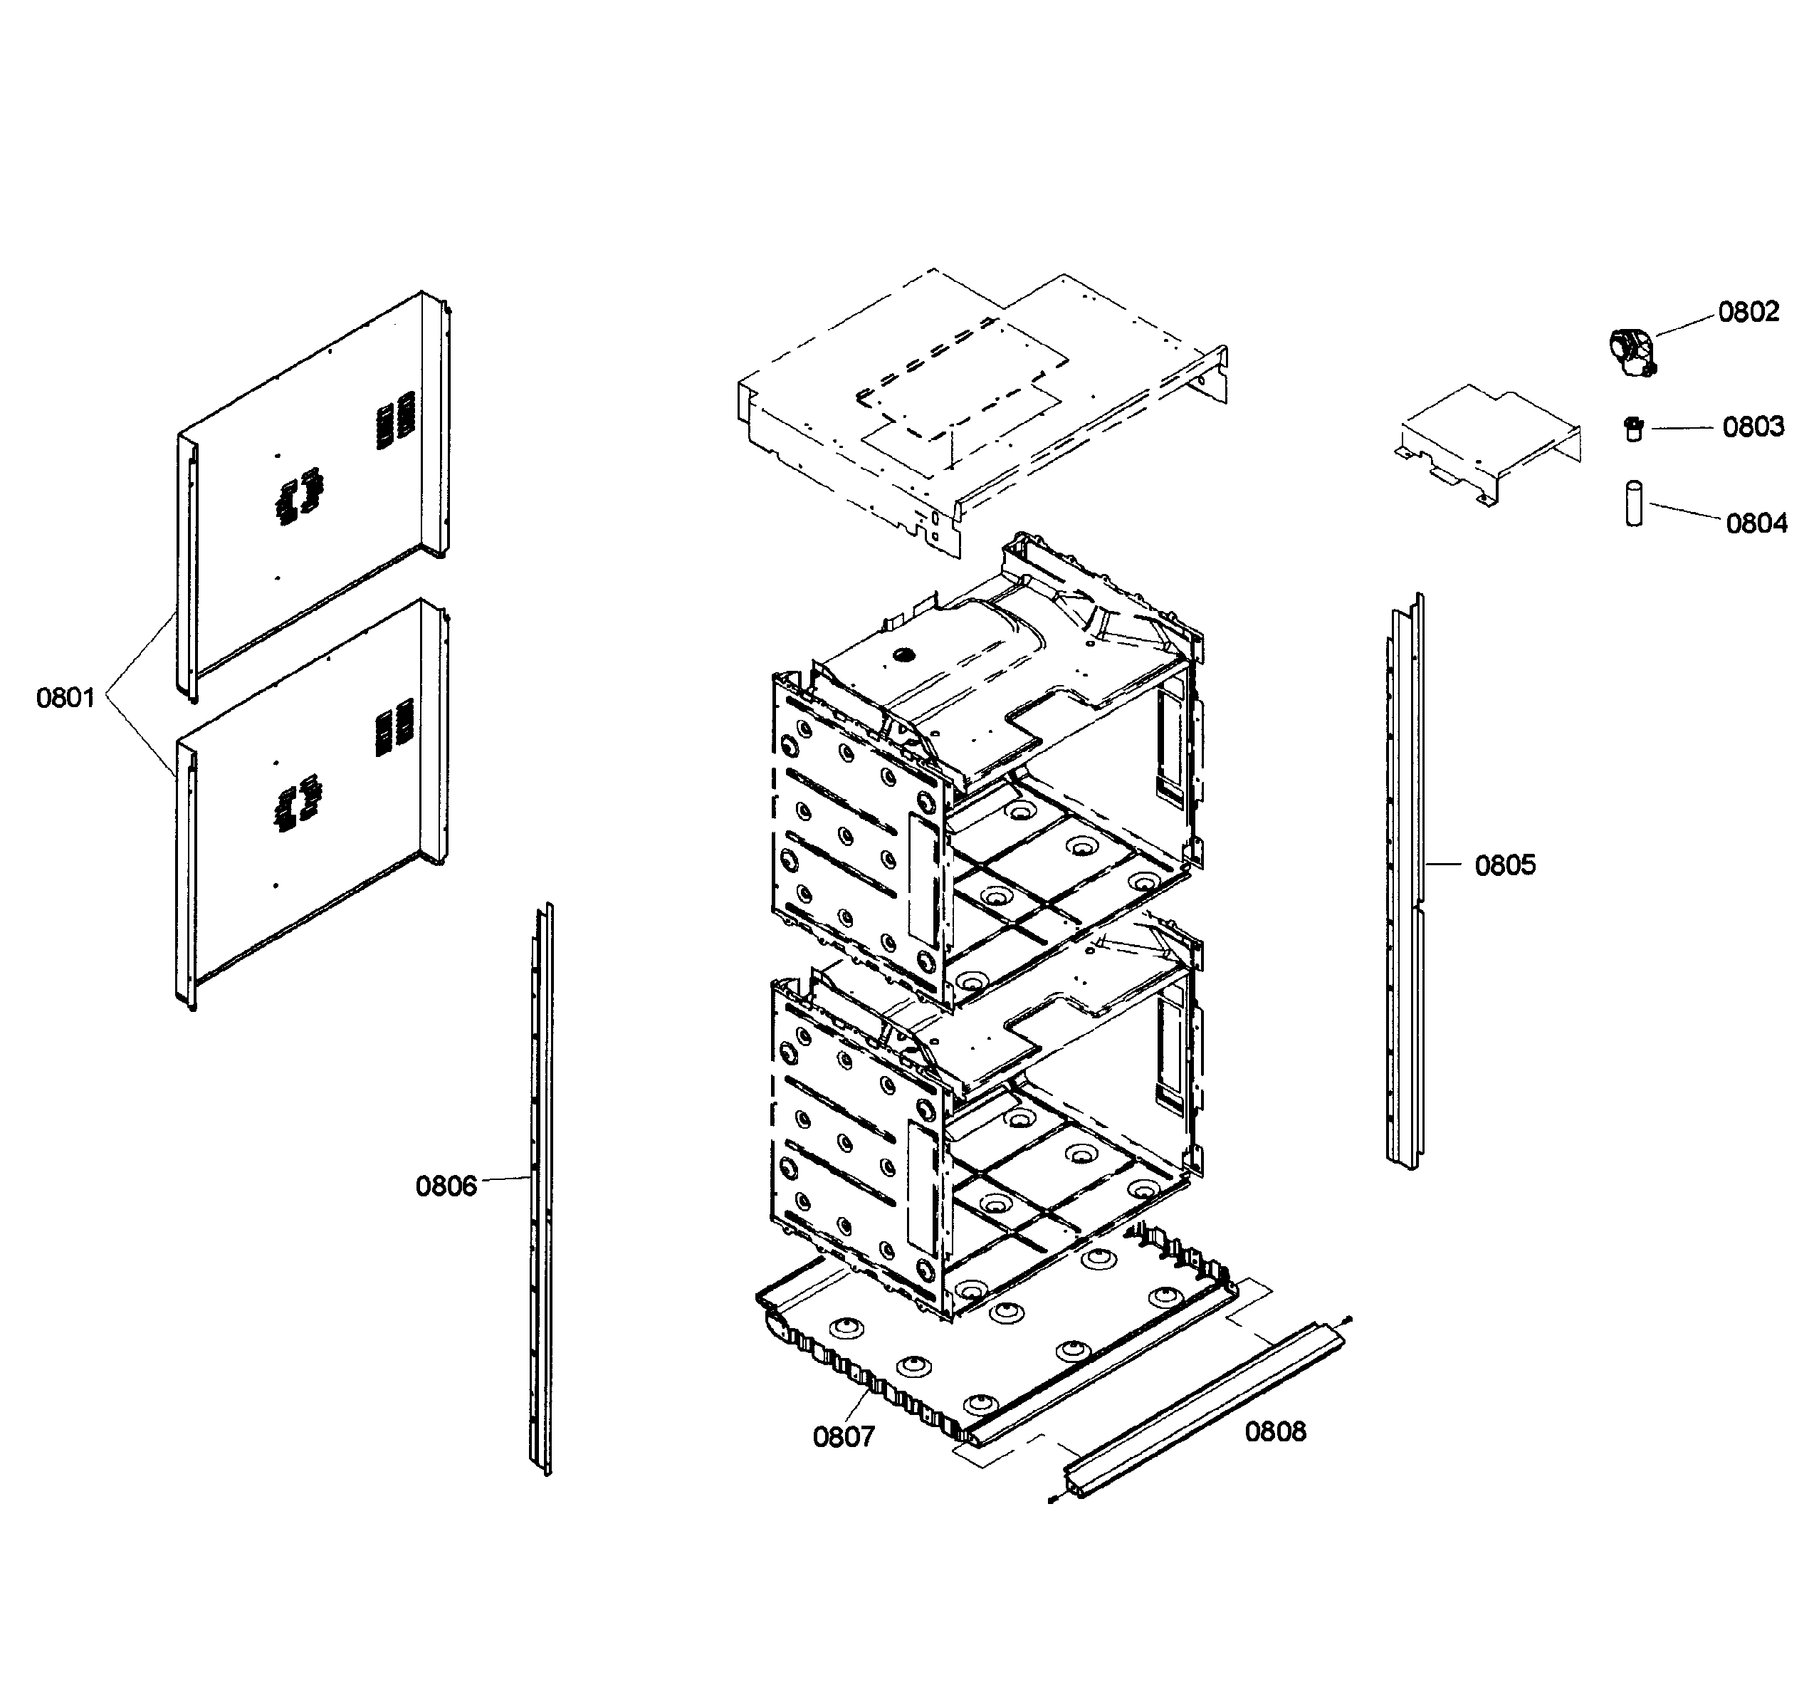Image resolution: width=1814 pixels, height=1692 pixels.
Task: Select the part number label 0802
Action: pos(1749,312)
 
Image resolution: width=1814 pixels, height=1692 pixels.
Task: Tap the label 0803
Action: pos(1753,427)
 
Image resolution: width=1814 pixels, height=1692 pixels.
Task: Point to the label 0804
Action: pos(1756,524)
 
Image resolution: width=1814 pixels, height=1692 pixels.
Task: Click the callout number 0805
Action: pos(1505,865)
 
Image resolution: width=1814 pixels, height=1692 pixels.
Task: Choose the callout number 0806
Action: pos(446,1186)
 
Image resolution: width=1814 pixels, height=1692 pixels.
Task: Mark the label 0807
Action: pos(843,1437)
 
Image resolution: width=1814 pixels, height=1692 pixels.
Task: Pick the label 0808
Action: pos(1275,1432)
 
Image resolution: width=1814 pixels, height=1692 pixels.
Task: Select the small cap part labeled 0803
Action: pos(1633,428)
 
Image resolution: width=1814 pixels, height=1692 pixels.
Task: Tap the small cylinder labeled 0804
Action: pos(1633,503)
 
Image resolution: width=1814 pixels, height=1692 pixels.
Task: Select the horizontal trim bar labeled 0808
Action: pos(1205,1410)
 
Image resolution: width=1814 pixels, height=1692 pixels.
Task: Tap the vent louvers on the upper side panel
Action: pos(396,420)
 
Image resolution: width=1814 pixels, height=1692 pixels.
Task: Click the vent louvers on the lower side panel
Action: pos(396,727)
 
